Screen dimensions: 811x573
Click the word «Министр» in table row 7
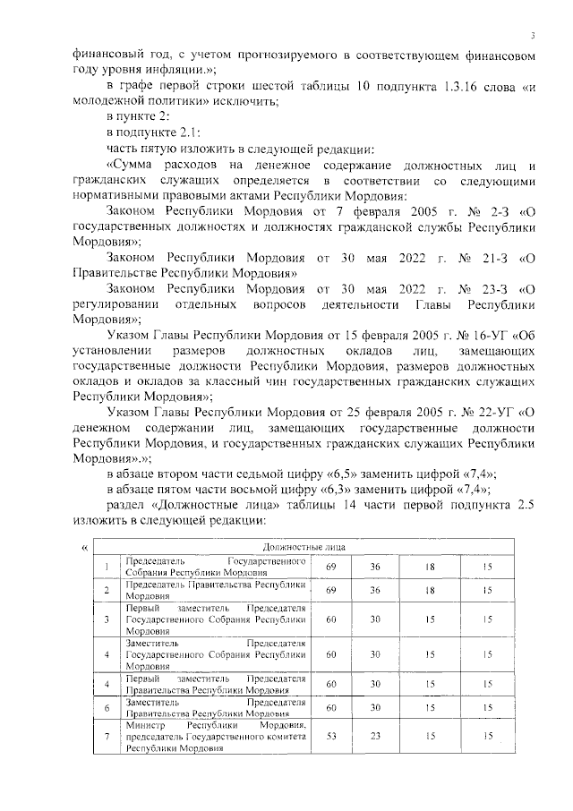click(x=148, y=724)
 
